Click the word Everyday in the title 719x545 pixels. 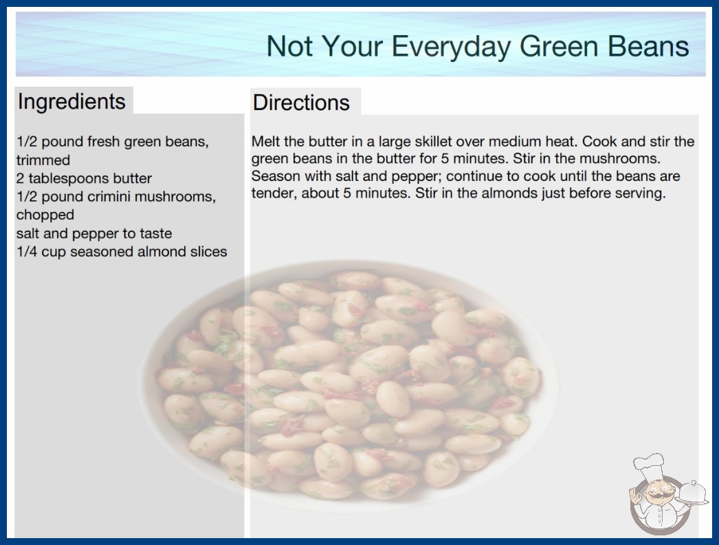coord(451,47)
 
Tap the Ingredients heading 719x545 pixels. coord(71,102)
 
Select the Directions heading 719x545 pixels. coord(301,103)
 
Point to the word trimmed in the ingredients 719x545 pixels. coord(43,160)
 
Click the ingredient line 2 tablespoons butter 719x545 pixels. coord(84,178)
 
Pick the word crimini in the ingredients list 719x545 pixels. coord(109,197)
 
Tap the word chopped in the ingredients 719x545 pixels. coord(45,215)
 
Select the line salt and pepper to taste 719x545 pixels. coord(94,233)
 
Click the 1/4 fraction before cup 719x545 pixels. coord(27,252)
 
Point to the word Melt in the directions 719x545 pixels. coord(266,142)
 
